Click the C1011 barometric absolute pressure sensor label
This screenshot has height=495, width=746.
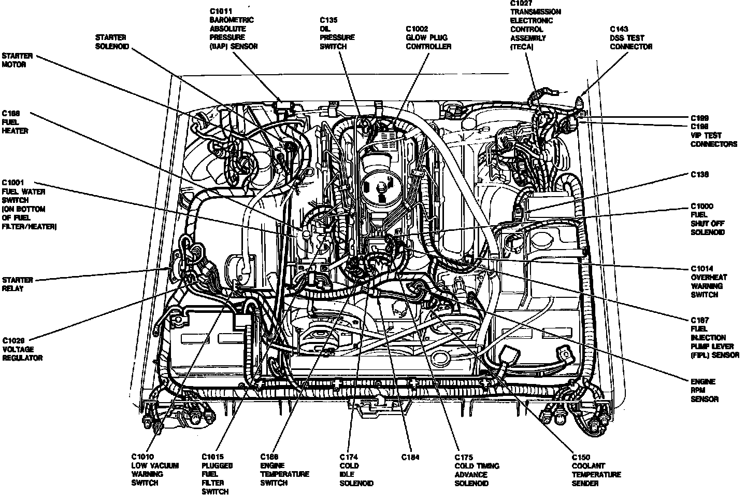(x=233, y=29)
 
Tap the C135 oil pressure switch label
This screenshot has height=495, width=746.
(x=337, y=33)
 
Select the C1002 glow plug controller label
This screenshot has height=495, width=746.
(x=428, y=37)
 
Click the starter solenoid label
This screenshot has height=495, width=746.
(x=112, y=42)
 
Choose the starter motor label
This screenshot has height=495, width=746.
(x=17, y=60)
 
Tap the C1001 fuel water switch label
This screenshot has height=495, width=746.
(x=30, y=204)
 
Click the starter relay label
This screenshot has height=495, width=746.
(x=17, y=284)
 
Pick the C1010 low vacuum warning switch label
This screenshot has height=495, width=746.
(x=154, y=469)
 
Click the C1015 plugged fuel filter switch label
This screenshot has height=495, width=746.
(x=217, y=473)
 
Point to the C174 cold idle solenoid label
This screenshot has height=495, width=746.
(x=356, y=470)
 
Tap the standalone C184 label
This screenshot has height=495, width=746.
(x=410, y=457)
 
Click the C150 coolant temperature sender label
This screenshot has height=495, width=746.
(x=596, y=470)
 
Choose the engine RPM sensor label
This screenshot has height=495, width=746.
(x=705, y=390)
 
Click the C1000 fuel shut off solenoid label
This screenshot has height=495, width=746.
(x=707, y=219)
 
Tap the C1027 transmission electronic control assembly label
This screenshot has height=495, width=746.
(x=535, y=25)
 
